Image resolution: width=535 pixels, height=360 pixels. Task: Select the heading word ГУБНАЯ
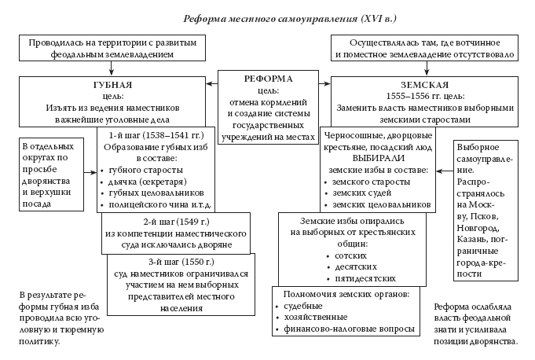[x=112, y=84]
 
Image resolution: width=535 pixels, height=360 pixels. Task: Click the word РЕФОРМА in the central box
[x=268, y=79]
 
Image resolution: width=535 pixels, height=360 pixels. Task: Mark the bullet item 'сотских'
[x=352, y=256]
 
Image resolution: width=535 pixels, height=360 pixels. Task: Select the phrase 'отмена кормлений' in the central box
[x=268, y=101]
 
